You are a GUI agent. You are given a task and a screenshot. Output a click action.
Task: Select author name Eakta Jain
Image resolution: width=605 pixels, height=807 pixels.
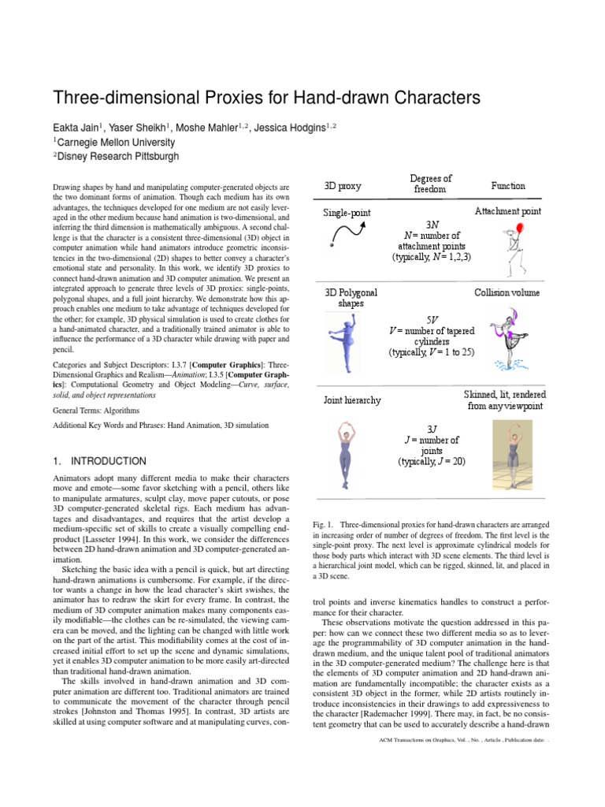(x=80, y=128)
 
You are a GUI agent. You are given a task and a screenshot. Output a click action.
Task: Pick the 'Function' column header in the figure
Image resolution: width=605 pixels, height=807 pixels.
(x=508, y=186)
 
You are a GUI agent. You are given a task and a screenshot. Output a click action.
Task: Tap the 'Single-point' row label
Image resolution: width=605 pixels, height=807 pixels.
(x=347, y=213)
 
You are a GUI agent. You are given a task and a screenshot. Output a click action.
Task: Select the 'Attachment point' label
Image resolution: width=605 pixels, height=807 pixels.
(x=507, y=212)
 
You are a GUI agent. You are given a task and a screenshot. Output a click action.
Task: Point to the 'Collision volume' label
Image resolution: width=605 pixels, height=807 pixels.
(x=507, y=292)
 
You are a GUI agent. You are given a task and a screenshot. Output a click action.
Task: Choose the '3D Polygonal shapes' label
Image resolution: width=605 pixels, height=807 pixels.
(x=351, y=298)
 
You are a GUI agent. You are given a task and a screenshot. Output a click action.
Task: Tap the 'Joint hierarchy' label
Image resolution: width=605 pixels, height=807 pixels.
(x=352, y=400)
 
